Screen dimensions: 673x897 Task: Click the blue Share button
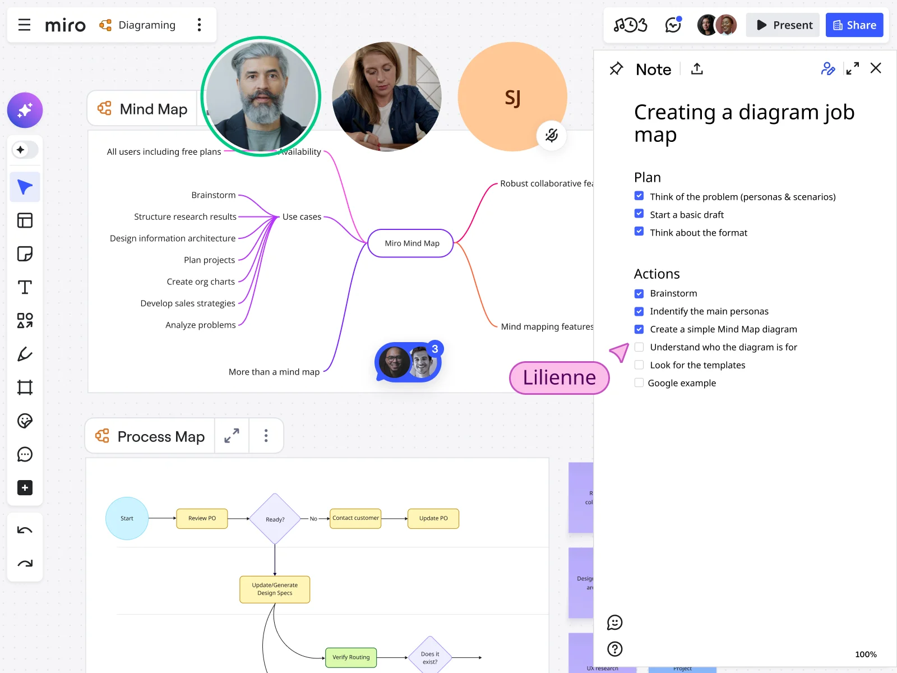854,25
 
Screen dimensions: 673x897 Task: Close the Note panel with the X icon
876,68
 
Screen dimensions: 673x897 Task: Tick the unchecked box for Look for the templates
639,365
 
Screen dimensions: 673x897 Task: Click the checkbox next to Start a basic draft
639,214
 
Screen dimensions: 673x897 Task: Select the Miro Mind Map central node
411,243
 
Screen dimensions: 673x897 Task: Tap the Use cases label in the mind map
302,216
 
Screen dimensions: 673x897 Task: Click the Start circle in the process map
127,518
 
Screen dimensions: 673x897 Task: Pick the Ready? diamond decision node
275,519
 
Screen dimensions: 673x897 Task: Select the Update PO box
433,518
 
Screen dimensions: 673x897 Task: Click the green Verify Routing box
351,657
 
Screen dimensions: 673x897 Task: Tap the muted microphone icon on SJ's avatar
552,135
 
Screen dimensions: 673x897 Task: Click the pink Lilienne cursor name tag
559,377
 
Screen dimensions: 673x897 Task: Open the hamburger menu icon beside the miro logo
24,25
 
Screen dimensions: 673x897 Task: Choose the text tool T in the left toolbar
25,287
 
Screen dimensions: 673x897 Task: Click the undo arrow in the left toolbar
25,530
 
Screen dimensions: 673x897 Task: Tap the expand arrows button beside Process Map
232,436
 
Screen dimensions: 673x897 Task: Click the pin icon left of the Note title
616,69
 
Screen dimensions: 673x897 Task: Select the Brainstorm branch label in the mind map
213,195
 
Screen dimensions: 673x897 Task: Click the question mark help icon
615,649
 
